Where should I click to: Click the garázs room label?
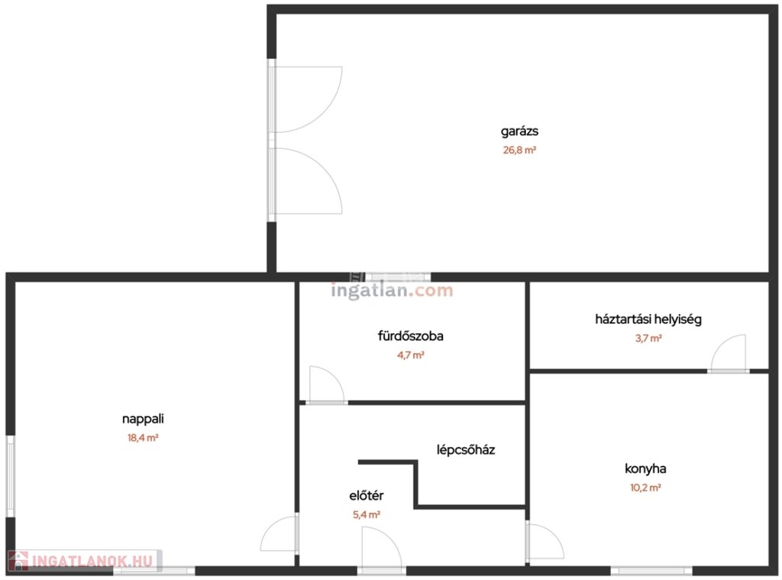click(519, 131)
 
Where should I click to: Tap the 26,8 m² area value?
click(519, 150)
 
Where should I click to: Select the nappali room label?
click(143, 420)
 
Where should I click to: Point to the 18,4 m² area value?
click(143, 438)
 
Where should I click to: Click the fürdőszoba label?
click(410, 336)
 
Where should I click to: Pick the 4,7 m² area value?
click(410, 355)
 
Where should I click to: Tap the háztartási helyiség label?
click(648, 319)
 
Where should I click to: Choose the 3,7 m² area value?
click(648, 338)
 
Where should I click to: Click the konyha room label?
click(645, 468)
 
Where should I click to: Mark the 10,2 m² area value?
click(645, 488)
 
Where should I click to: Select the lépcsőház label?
click(466, 450)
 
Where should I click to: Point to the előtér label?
click(367, 496)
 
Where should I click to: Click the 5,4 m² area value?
click(367, 514)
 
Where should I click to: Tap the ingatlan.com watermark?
click(392, 290)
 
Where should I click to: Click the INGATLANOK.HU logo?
click(85, 561)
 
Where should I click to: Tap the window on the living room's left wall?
click(11, 476)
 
